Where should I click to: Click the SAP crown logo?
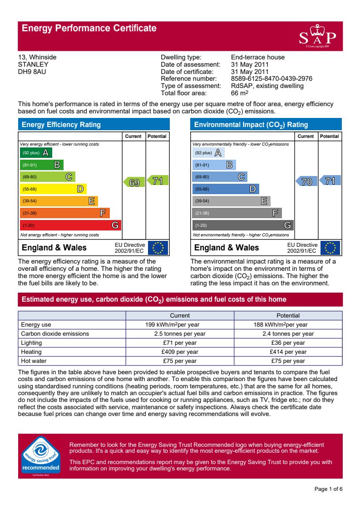[317, 37]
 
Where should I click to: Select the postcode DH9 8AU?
[32, 72]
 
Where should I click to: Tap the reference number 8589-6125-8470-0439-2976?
[271, 79]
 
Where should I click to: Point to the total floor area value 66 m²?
[240, 93]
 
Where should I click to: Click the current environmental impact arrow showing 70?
[306, 182]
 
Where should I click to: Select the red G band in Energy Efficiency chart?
[70, 225]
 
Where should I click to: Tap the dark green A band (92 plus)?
[36, 153]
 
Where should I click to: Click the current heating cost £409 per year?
[180, 352]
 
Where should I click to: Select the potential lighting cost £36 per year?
[288, 343]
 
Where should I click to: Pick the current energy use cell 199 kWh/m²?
[180, 324]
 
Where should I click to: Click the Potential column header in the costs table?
[288, 315]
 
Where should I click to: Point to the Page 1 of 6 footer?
[328, 489]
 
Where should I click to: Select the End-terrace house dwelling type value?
[258, 57]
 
